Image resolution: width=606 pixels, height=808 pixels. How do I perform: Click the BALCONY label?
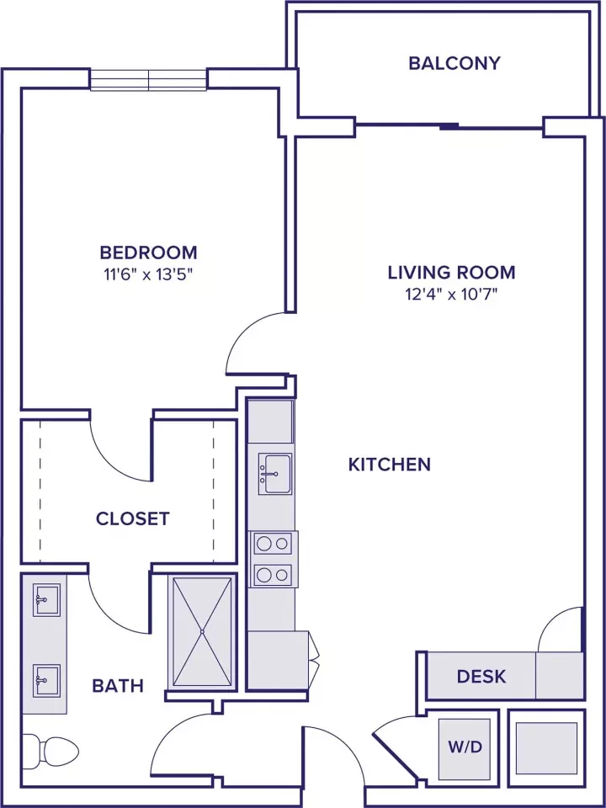click(x=454, y=63)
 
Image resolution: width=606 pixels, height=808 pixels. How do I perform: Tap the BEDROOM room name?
click(x=148, y=252)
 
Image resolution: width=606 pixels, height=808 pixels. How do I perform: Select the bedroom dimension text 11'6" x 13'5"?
click(x=148, y=274)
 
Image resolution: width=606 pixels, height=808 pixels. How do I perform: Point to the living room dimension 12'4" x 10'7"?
click(x=451, y=295)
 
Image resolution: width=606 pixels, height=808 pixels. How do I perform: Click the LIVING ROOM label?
click(x=451, y=272)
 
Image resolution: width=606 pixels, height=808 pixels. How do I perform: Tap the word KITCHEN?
click(x=390, y=465)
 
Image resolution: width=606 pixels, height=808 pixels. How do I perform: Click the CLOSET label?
click(x=133, y=518)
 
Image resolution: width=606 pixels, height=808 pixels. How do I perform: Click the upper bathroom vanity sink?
click(x=46, y=599)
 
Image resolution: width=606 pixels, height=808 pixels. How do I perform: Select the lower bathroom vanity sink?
click(x=46, y=681)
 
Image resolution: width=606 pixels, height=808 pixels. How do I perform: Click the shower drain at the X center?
click(x=203, y=631)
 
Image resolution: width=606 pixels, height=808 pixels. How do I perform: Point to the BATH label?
click(x=118, y=686)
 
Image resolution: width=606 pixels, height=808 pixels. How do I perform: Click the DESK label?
click(x=481, y=676)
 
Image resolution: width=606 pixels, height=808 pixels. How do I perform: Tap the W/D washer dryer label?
click(x=465, y=747)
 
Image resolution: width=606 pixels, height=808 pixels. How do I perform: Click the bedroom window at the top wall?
click(x=149, y=81)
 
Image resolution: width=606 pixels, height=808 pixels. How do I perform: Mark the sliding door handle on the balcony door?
click(x=449, y=125)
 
